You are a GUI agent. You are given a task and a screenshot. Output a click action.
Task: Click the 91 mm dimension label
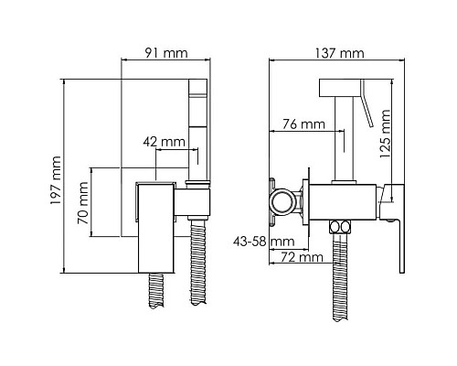pos(166,53)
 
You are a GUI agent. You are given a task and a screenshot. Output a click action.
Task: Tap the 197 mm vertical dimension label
pos(56,180)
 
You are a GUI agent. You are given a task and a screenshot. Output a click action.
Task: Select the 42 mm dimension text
pos(164,142)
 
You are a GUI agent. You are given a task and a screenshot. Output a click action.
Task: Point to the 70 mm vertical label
pos(83,203)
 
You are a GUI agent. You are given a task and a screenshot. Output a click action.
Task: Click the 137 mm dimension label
pos(339,53)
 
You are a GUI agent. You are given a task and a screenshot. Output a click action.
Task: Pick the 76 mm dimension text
pos(303,124)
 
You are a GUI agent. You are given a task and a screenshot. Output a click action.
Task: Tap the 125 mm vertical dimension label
pos(385,134)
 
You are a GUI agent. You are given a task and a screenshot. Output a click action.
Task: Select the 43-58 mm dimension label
pos(264,242)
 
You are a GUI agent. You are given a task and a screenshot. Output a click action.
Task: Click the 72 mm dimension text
pos(302,257)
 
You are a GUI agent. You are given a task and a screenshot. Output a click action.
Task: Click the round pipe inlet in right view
pos(282,201)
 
